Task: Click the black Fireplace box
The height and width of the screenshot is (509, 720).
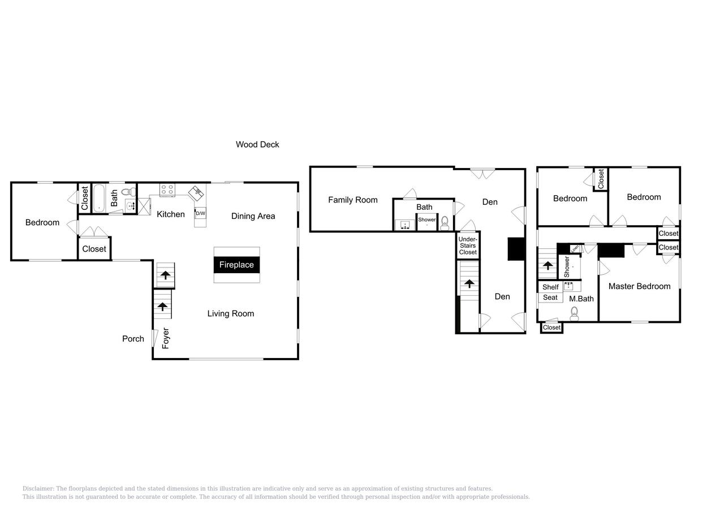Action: coord(236,265)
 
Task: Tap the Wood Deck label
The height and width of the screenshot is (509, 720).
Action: coord(257,144)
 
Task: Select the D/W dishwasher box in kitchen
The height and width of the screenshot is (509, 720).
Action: coord(200,214)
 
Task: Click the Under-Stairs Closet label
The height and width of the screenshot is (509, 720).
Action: coord(468,245)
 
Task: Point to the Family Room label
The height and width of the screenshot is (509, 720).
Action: coord(352,200)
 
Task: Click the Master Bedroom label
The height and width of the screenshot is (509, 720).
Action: coord(639,286)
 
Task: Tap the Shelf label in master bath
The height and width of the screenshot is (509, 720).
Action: coord(550,287)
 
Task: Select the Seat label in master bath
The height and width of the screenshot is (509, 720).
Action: coord(550,297)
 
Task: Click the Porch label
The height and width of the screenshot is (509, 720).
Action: coord(133,339)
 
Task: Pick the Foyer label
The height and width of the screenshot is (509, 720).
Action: coord(166,338)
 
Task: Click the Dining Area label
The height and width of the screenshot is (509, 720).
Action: coord(253,216)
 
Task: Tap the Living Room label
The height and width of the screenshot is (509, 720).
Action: coord(230,313)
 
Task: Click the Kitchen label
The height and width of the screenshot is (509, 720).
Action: coord(170,214)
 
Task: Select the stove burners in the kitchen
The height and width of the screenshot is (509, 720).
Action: coord(167,190)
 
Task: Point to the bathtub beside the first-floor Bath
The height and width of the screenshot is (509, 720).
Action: coord(99,198)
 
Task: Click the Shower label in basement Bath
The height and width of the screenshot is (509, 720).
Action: coord(427,219)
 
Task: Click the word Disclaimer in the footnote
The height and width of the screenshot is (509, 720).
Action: coord(38,489)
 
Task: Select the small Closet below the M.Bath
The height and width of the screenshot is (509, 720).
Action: coord(551,327)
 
